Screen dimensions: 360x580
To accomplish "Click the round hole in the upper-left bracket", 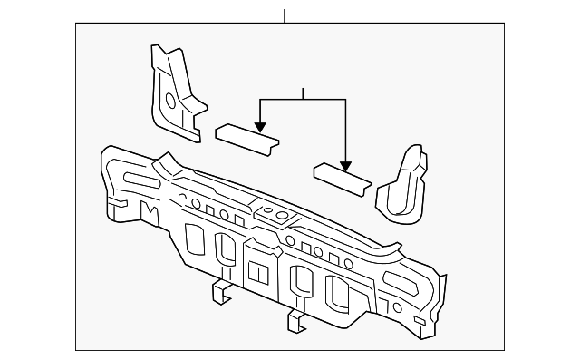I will (169, 97).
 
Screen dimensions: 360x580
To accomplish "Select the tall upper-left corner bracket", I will (172, 91).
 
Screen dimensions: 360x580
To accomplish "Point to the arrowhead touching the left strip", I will (260, 129).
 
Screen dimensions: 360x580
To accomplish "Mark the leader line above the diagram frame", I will (285, 15).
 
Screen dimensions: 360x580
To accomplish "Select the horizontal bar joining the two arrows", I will (303, 98).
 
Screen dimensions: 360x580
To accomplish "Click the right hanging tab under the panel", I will (296, 319).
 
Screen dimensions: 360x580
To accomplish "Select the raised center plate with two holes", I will (274, 216).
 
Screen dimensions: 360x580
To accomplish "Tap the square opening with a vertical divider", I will (258, 269).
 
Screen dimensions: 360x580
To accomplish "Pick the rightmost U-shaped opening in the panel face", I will (337, 293).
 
